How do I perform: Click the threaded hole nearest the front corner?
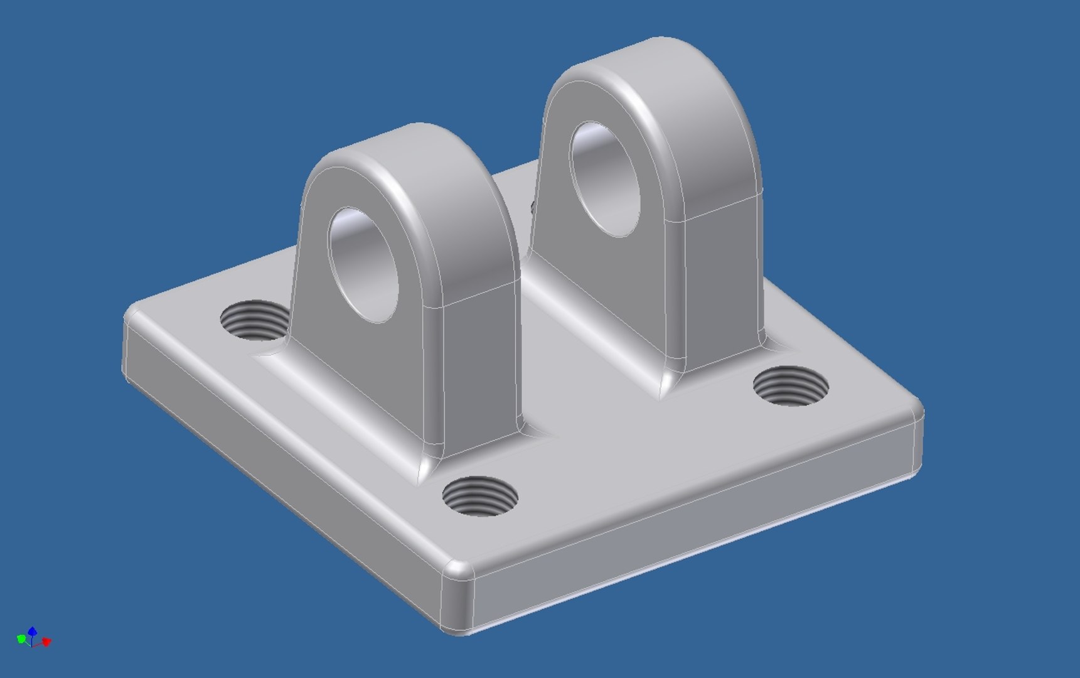pos(480,495)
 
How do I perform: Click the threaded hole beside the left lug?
pos(254,320)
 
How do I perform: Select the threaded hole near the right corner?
pos(790,385)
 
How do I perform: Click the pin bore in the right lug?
pos(606,180)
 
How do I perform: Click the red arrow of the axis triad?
pos(46,642)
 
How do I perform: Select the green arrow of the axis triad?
pos(21,639)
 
